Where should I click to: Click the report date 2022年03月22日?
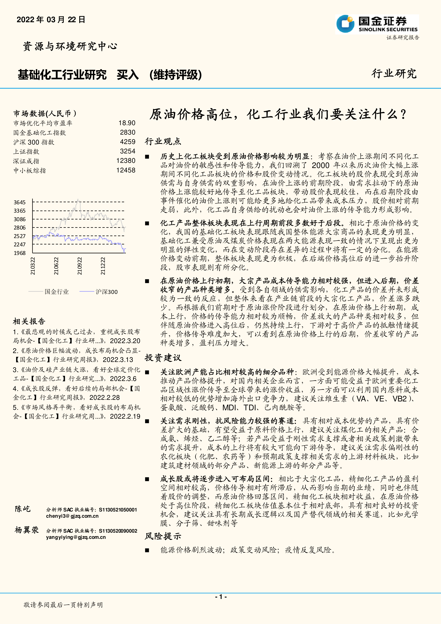pos(51,20)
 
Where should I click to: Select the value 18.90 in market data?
pos(127,123)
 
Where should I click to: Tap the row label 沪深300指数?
pos(34,142)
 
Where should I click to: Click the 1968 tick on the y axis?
pos(20,253)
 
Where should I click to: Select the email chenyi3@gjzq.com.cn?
pos(72,516)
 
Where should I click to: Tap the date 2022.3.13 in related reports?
pos(118,360)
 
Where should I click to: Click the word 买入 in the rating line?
pos(128,75)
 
